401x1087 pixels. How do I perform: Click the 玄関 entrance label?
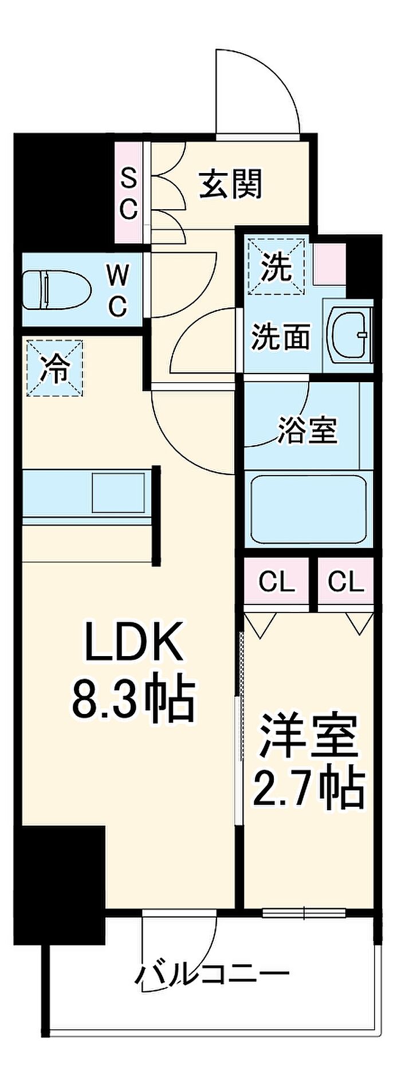click(230, 184)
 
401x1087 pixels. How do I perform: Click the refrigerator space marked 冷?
click(55, 367)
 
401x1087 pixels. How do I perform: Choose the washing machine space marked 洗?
click(275, 267)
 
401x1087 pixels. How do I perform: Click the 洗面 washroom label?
click(281, 337)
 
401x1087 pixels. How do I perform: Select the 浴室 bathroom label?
click(308, 430)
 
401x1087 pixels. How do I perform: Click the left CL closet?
click(277, 582)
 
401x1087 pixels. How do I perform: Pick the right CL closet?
click(346, 582)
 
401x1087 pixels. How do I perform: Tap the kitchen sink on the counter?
click(118, 492)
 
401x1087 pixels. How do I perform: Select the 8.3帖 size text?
click(133, 700)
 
